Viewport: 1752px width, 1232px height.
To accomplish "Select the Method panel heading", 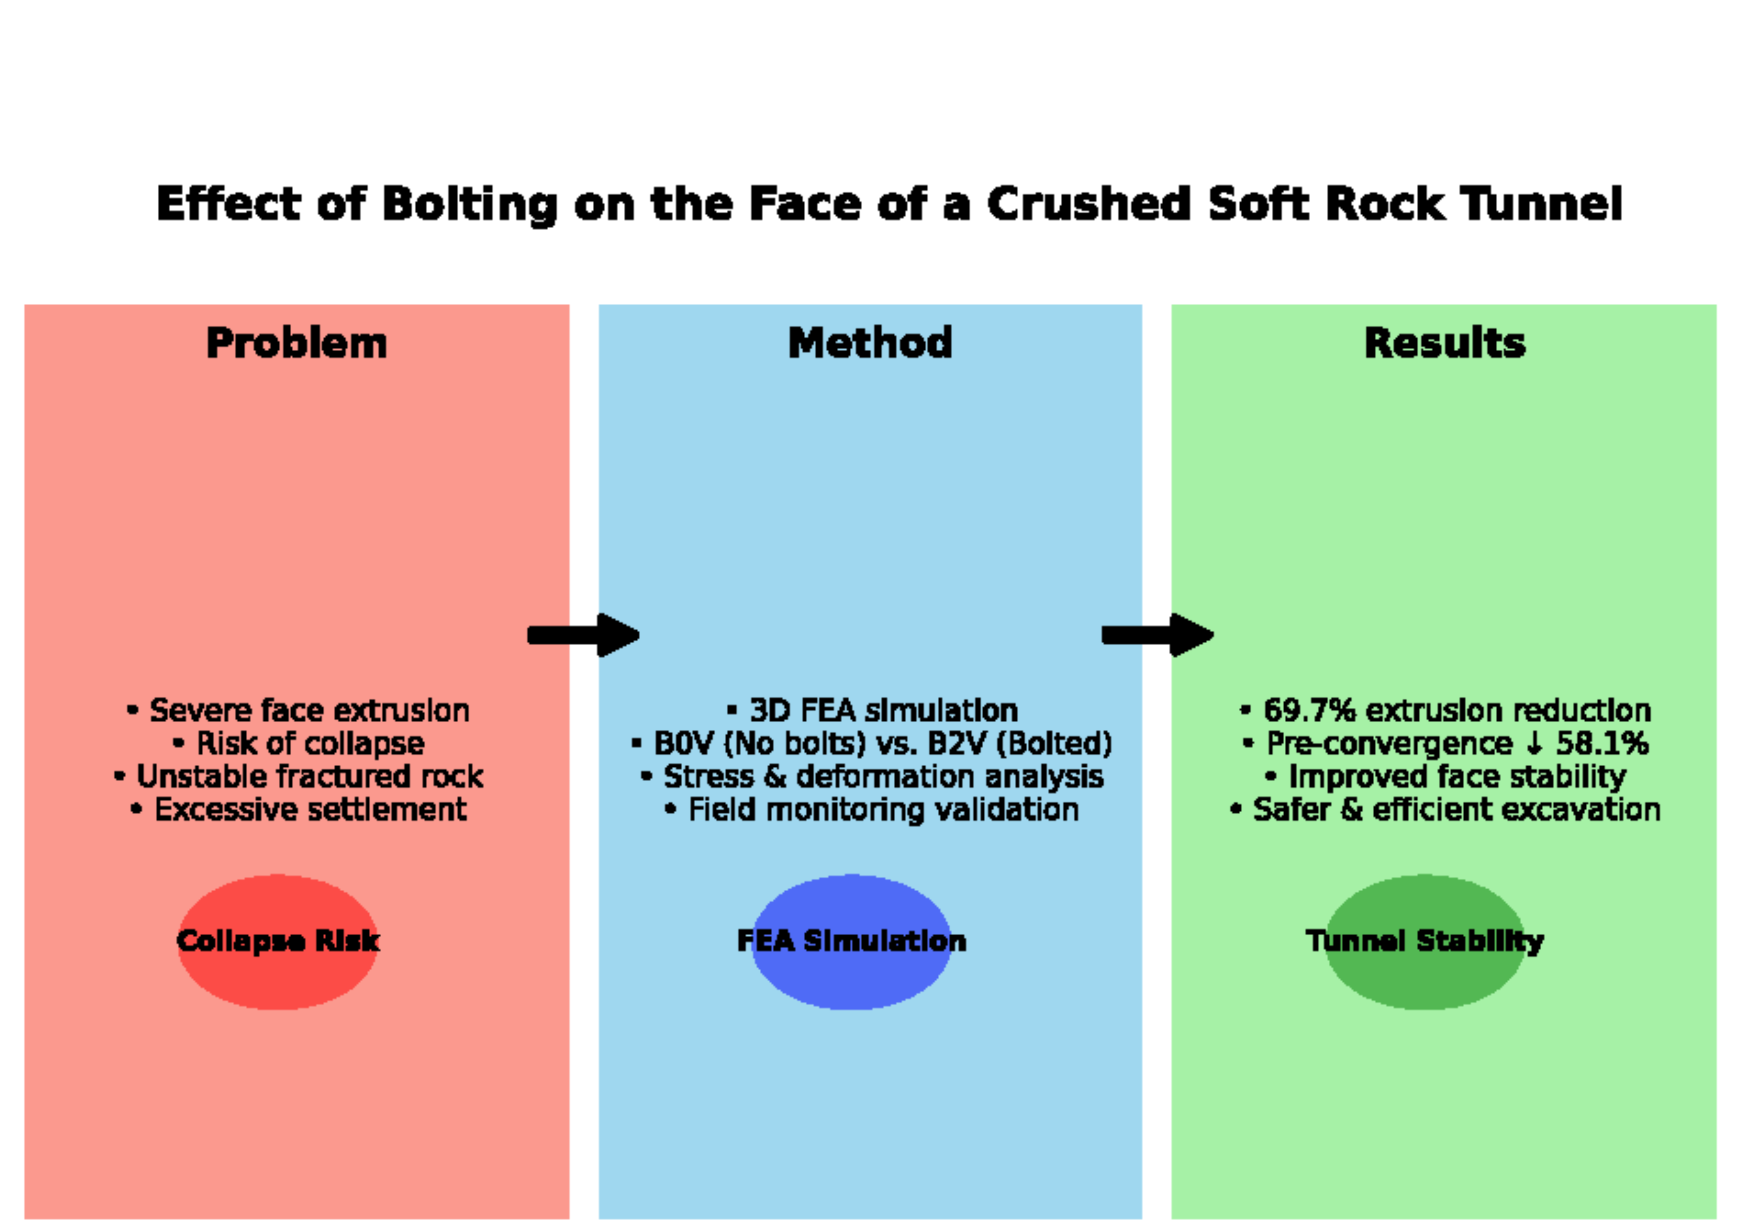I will (870, 343).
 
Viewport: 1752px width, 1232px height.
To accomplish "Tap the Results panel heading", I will (1444, 343).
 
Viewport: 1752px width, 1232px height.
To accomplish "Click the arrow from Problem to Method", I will (584, 635).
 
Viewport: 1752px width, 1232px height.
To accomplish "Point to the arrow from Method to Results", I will (1158, 635).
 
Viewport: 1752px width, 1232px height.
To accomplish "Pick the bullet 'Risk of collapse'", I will (299, 743).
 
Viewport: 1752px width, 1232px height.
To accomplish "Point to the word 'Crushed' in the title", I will (1089, 204).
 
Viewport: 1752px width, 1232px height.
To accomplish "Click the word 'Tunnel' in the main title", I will (1541, 204).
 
